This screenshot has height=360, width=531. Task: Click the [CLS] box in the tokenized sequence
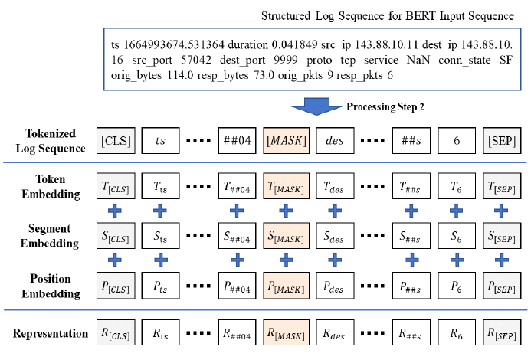point(117,142)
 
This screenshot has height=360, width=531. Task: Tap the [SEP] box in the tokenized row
point(503,142)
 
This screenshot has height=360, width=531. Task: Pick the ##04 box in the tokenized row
point(237,142)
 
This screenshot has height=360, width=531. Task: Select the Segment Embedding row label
point(50,235)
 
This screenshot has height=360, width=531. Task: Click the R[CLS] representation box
point(117,334)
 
